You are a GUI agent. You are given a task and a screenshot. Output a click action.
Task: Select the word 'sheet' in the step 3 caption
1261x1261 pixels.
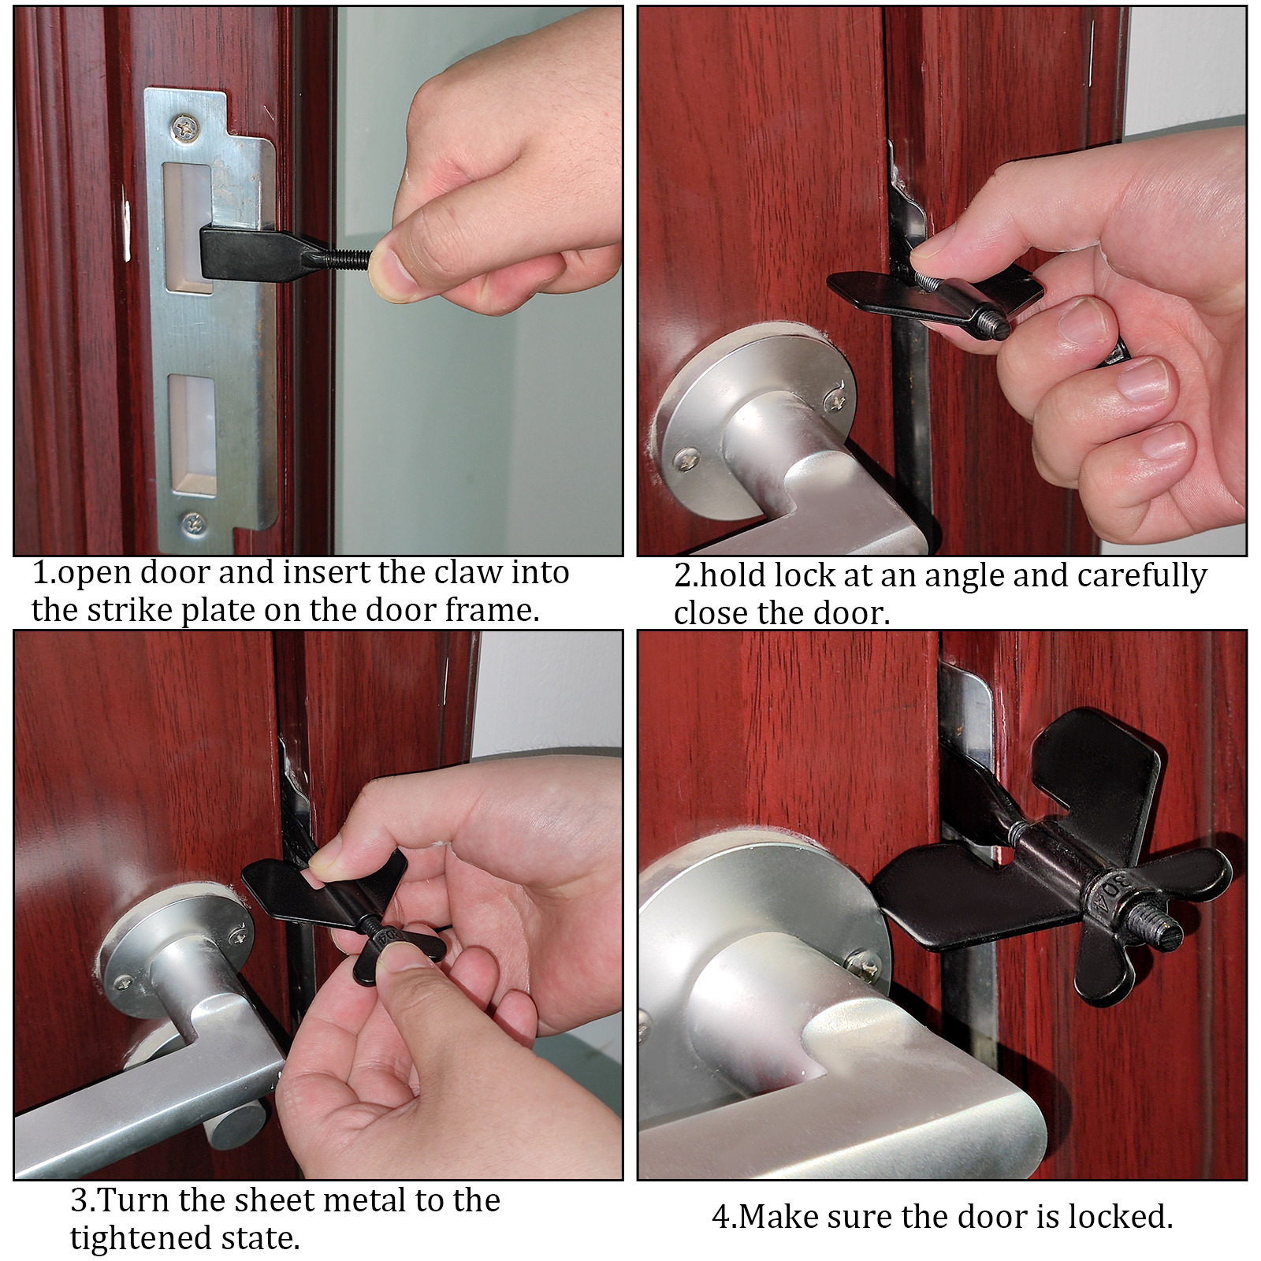266,1200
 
